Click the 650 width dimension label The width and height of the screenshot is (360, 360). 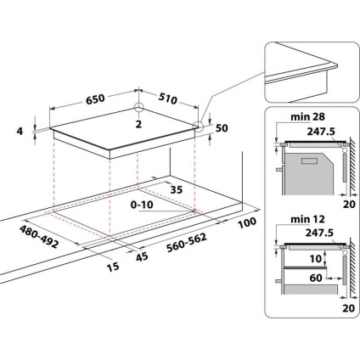tap(95, 99)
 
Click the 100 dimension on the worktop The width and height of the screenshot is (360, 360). tap(247, 222)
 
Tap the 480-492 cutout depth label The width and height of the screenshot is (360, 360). tap(37, 234)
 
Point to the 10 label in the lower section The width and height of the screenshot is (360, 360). tap(315, 258)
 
